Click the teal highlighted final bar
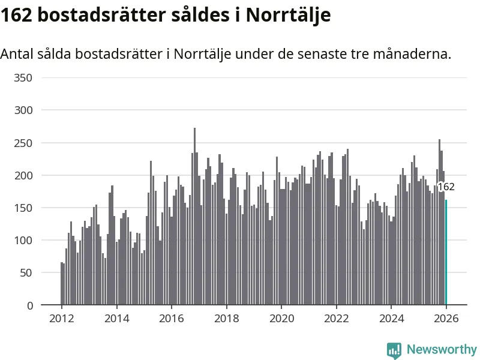(x=446, y=252)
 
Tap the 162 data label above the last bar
(x=446, y=187)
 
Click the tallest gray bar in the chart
(x=194, y=216)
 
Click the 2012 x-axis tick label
(x=61, y=319)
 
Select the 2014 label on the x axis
(x=116, y=319)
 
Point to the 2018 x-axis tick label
(x=226, y=319)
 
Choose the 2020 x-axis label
(x=281, y=319)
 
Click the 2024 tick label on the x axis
(x=391, y=319)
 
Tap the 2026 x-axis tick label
(x=446, y=319)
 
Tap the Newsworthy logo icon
(x=394, y=350)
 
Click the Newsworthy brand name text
(x=442, y=349)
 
